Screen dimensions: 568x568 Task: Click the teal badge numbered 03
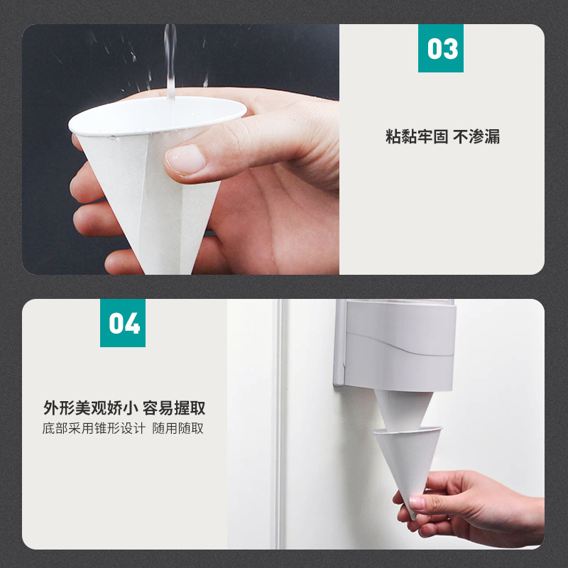tap(440, 48)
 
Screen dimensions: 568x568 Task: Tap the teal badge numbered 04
tap(123, 323)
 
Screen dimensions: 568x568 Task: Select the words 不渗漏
tap(476, 136)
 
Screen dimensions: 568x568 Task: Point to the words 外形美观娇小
tap(91, 408)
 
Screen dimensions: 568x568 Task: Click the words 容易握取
tap(174, 408)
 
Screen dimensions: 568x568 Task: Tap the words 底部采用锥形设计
tap(94, 428)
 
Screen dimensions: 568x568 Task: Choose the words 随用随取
tap(178, 428)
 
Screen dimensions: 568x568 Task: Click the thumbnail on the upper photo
tap(185, 159)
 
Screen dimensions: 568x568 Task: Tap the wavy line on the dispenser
tap(400, 344)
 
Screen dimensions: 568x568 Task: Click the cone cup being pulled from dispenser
tap(408, 467)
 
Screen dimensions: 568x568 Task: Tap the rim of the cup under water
tap(158, 116)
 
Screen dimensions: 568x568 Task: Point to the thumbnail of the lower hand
tap(417, 503)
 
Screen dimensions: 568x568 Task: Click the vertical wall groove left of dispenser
tap(278, 424)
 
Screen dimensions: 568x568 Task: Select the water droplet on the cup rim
tap(114, 138)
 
